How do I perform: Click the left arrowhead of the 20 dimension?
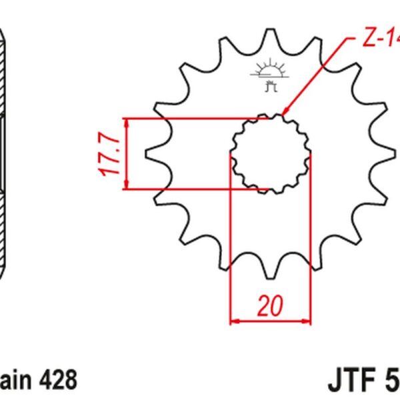tap(233, 322)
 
